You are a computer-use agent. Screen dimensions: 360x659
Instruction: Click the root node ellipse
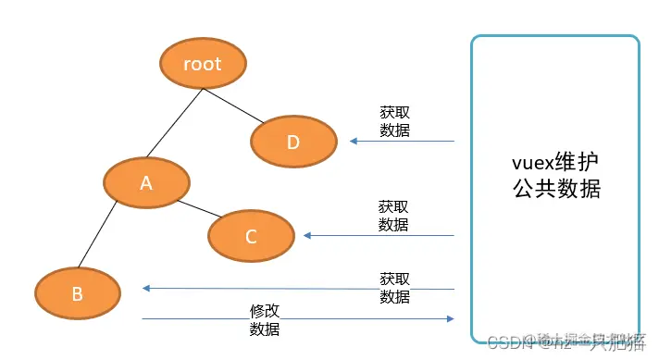(202, 64)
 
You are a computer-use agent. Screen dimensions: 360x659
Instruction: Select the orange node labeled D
(292, 142)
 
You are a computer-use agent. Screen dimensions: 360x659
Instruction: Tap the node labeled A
(145, 182)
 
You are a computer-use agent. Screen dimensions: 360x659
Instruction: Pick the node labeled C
(250, 235)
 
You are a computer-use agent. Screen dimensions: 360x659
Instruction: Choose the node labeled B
(78, 293)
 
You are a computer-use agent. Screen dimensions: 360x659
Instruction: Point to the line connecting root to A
(174, 122)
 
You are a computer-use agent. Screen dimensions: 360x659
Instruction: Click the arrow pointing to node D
(403, 142)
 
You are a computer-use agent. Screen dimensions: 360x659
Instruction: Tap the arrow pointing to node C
(379, 235)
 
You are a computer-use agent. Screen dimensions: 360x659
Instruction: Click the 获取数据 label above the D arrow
(394, 120)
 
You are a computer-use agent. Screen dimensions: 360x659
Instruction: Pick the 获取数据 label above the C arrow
(393, 215)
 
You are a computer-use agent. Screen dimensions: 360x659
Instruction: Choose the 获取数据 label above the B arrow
(394, 287)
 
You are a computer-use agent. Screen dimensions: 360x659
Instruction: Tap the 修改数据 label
(265, 319)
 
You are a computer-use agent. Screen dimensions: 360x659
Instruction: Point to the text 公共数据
(556, 189)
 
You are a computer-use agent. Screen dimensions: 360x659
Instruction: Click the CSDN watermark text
(505, 342)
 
